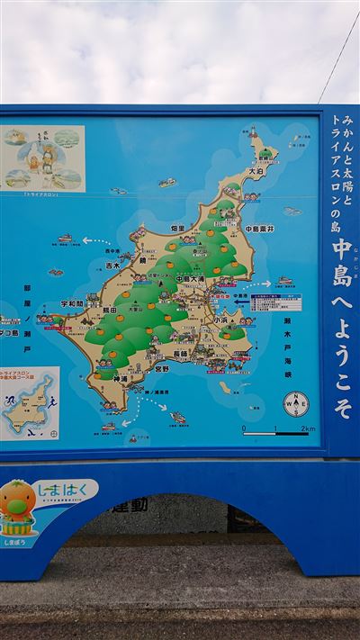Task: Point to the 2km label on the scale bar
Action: coord(307,428)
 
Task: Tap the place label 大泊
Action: coord(256,170)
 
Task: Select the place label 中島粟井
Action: coord(259,229)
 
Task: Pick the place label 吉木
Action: coord(111,266)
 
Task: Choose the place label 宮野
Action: coord(162,368)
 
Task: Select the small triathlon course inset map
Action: coord(29,403)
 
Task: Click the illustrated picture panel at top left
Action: coord(42,158)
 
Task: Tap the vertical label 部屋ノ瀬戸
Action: coord(27,308)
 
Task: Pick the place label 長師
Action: coord(182,355)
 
